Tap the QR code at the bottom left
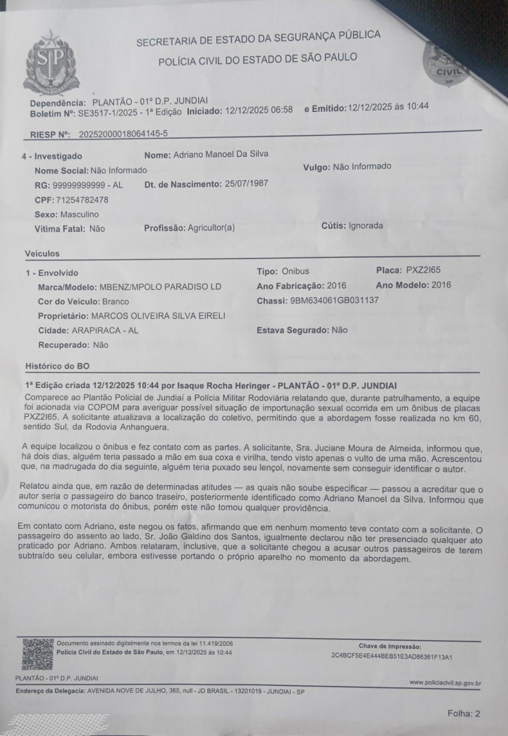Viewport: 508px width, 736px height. click(38, 653)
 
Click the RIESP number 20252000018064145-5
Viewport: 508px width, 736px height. click(123, 134)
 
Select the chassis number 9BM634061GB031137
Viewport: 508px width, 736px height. click(334, 300)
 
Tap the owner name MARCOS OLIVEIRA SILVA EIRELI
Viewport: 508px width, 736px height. click(158, 315)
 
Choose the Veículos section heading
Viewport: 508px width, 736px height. click(42, 254)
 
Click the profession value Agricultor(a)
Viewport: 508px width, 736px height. click(211, 227)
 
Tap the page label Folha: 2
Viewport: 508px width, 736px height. click(464, 713)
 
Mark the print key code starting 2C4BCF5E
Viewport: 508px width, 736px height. click(391, 656)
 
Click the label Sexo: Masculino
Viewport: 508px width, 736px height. click(66, 214)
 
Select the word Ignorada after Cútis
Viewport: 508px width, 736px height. click(366, 225)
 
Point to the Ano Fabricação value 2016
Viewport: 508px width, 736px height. click(337, 286)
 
